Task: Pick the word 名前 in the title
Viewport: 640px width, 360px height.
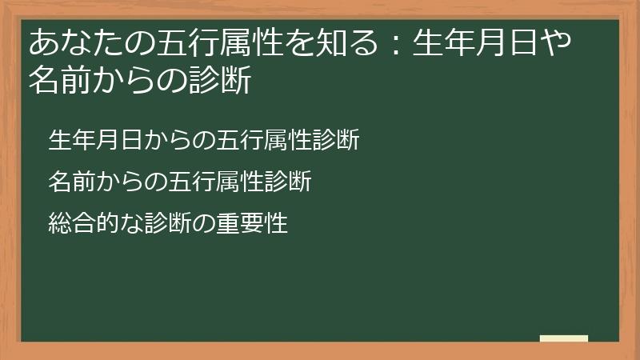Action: pyautogui.click(x=56, y=81)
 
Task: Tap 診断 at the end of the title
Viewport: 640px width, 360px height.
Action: pyautogui.click(x=225, y=81)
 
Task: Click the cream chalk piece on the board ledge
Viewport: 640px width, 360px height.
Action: pyautogui.click(x=564, y=338)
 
